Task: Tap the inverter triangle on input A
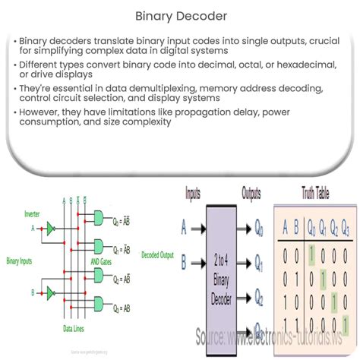50,226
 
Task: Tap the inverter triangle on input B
50,291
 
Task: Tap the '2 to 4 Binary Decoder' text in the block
221,273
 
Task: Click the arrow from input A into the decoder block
195,226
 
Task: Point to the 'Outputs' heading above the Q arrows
251,194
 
